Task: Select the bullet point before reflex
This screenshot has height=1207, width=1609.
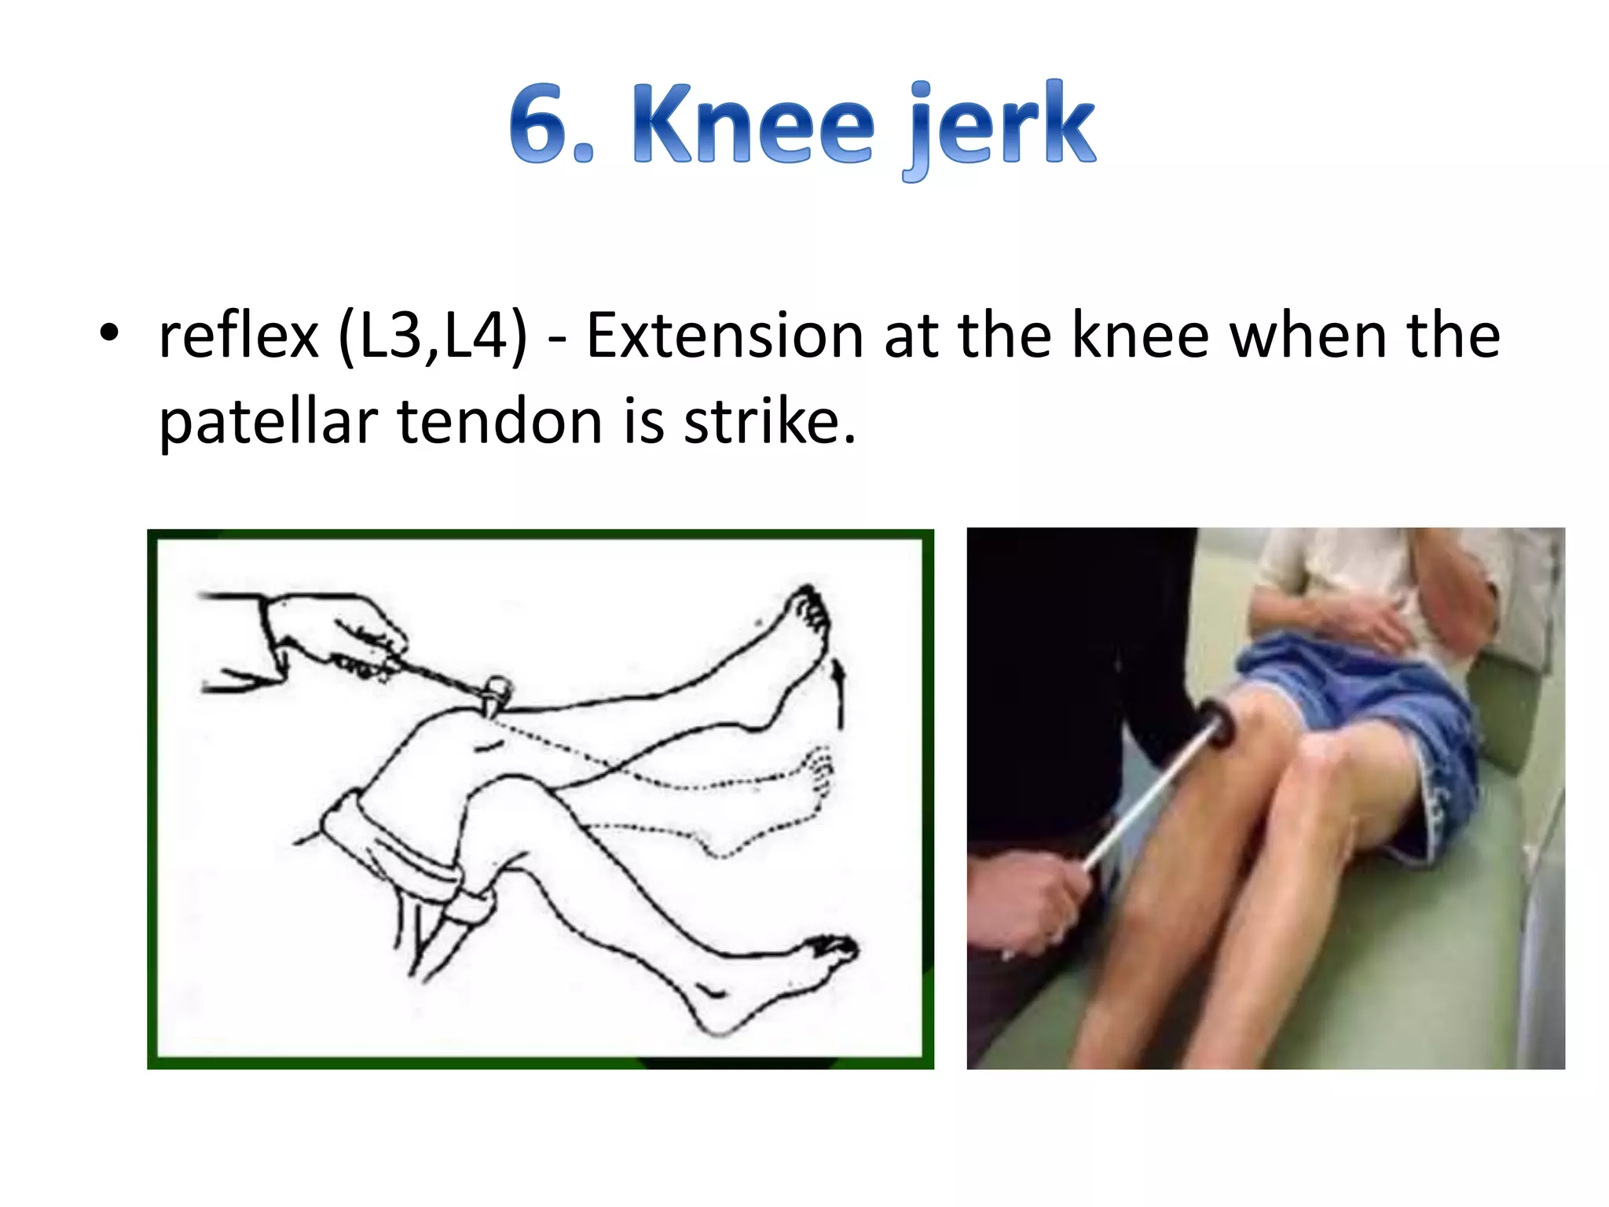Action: click(109, 333)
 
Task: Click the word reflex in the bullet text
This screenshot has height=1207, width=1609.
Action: click(239, 336)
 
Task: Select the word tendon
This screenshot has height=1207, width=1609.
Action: click(500, 421)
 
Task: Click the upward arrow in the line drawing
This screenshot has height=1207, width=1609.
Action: click(840, 692)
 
